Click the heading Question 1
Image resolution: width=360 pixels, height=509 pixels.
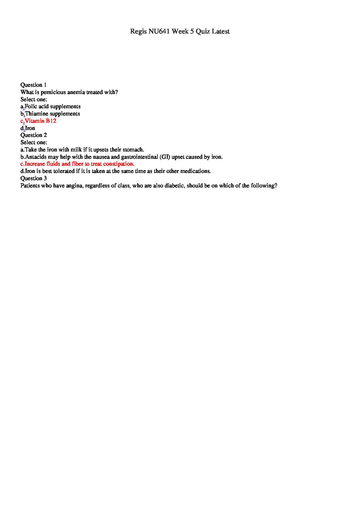click(34, 85)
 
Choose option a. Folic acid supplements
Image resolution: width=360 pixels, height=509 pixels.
click(50, 106)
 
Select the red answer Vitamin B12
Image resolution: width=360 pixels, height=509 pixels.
click(41, 121)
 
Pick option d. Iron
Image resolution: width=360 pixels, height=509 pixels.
click(28, 128)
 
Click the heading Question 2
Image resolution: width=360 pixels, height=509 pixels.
click(34, 135)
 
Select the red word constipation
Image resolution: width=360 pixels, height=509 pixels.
click(118, 164)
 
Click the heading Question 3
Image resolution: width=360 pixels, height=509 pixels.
click(34, 178)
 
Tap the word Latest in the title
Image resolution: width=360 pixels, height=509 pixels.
click(220, 31)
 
